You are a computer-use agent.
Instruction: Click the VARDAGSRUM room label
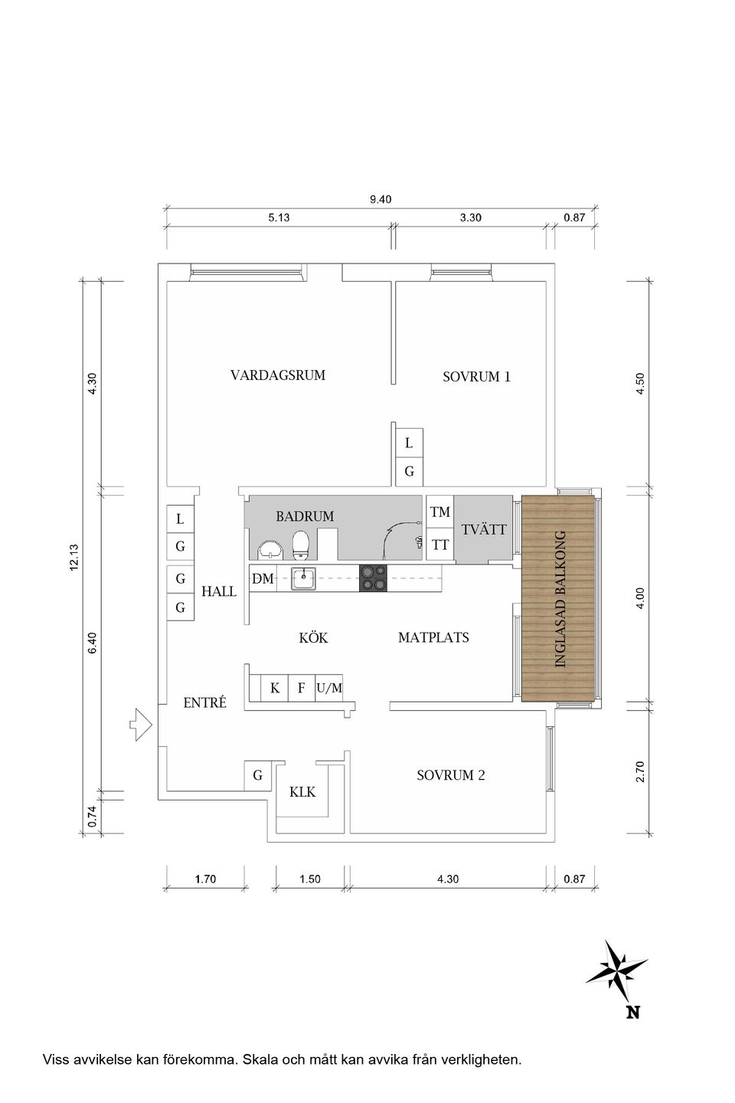click(x=278, y=375)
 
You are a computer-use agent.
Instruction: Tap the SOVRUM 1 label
click(x=476, y=377)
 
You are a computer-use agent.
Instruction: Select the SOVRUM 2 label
click(x=450, y=775)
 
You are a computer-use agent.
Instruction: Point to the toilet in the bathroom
click(x=301, y=545)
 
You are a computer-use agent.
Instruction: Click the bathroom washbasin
click(x=269, y=549)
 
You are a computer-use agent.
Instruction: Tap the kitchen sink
click(x=304, y=579)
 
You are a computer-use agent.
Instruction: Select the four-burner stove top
click(x=373, y=578)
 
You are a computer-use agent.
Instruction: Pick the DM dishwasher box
click(x=263, y=579)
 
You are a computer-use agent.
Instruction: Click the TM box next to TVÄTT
click(x=440, y=512)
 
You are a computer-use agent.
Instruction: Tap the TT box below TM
click(x=440, y=545)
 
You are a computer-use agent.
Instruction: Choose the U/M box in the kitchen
click(x=329, y=688)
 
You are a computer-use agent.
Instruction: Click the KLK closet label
click(x=302, y=792)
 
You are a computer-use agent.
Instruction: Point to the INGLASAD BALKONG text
click(x=560, y=598)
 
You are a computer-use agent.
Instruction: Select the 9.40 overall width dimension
click(x=381, y=199)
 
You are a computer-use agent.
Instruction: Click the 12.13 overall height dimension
click(x=74, y=557)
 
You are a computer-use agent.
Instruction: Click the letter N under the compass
click(x=632, y=1013)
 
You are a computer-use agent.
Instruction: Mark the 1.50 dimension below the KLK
click(x=310, y=879)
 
